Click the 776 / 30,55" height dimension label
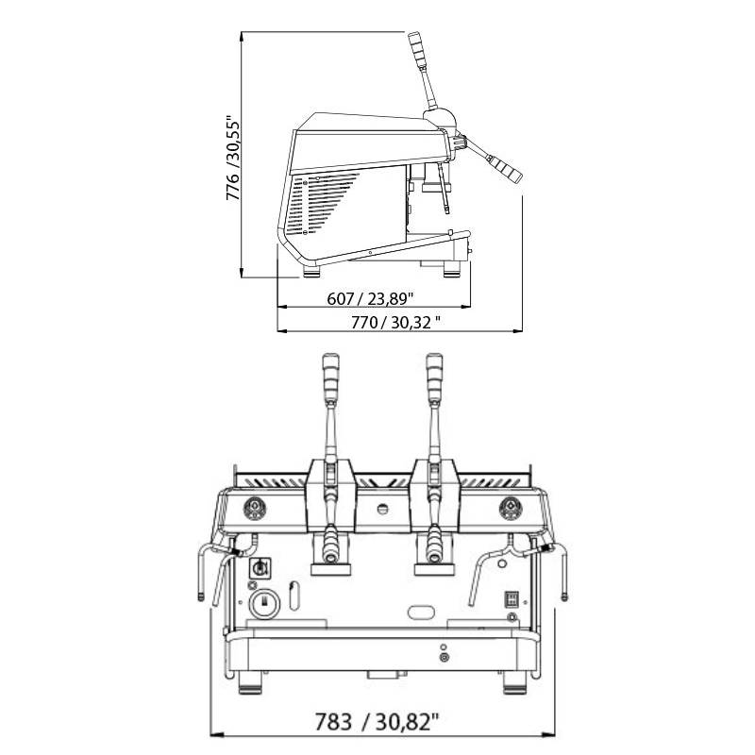232,158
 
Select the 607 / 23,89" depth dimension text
370,298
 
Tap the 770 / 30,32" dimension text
394,322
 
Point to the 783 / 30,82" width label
377,722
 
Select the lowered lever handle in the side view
504,168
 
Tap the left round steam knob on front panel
255,509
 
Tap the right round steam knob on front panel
511,509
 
